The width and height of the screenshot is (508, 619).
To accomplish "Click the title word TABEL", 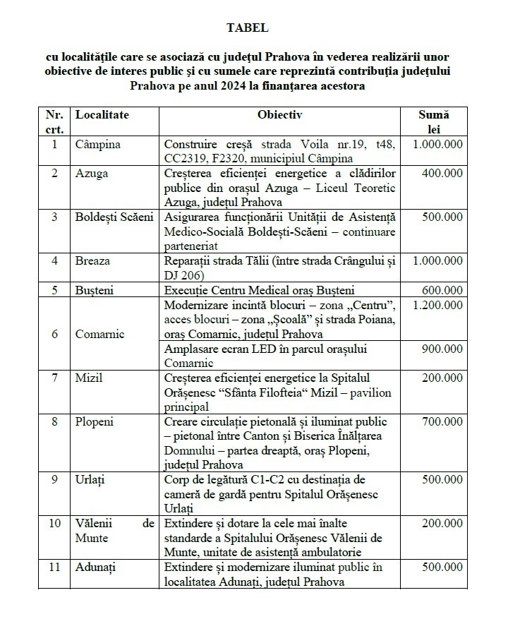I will (247, 28).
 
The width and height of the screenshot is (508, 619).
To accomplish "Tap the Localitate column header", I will (102, 115).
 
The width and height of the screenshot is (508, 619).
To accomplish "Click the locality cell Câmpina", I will (98, 144).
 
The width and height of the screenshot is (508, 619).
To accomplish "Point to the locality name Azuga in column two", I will (91, 174).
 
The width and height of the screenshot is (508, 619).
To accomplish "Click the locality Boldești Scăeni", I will (114, 217).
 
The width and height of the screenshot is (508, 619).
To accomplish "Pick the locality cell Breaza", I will (93, 260).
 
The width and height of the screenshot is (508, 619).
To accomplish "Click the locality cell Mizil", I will (89, 378).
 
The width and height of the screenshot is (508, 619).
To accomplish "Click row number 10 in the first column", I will (54, 524).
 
